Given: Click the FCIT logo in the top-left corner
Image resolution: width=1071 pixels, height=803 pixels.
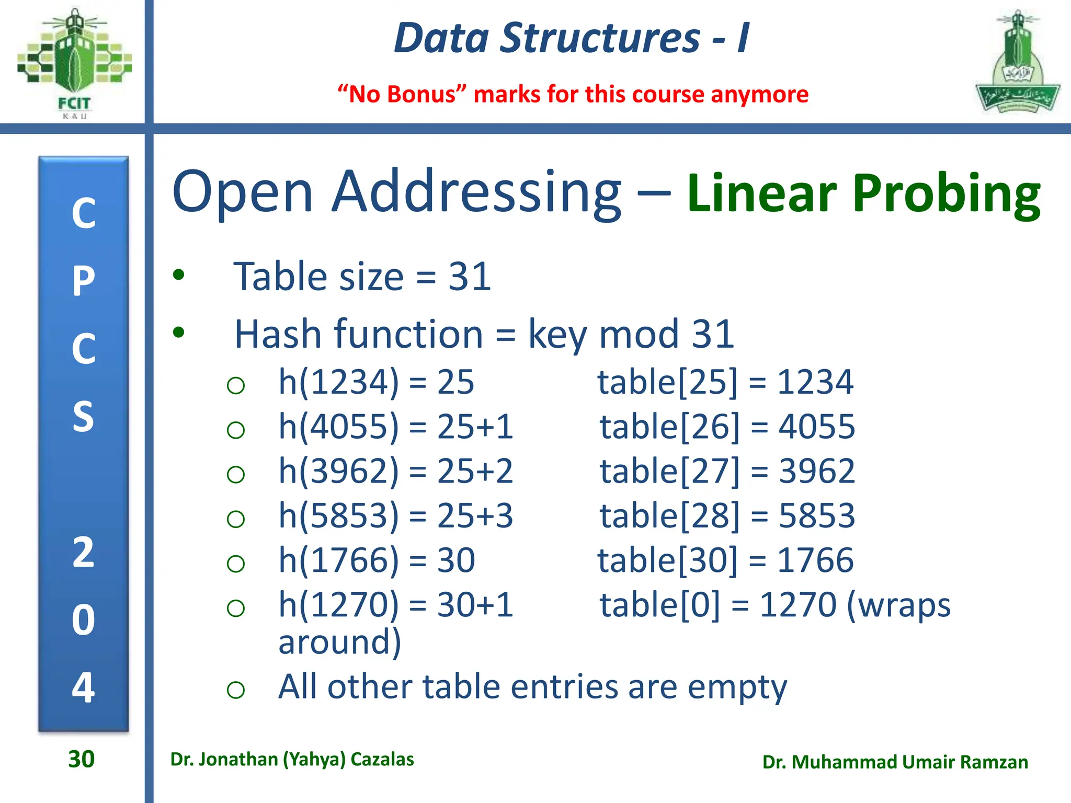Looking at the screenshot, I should (74, 63).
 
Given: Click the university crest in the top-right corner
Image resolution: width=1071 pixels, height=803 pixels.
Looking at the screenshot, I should (1017, 63).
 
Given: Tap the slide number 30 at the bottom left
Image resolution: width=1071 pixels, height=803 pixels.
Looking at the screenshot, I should (82, 759).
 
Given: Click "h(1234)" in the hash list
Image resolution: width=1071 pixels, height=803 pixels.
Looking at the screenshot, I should (338, 382).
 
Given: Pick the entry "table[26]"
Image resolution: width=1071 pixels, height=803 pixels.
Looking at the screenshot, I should (670, 427).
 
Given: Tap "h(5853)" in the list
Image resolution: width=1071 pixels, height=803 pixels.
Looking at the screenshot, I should (338, 515).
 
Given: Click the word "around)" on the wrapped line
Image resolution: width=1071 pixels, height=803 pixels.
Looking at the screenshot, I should (339, 642).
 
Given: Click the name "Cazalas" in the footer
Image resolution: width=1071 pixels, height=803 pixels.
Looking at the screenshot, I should (382, 759).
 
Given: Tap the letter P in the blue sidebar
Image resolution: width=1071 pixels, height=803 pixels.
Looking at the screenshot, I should (84, 281).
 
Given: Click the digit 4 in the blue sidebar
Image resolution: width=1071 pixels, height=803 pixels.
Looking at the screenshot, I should (84, 687).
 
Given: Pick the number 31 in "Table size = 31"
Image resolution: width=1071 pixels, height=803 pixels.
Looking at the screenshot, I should (470, 277).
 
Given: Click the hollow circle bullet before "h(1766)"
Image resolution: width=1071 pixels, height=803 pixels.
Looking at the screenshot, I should (236, 564).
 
